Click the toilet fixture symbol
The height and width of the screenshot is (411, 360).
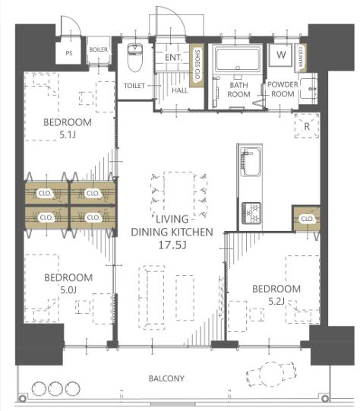point(135,58)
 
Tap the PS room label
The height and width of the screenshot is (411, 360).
point(68,53)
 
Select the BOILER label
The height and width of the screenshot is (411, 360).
point(98,49)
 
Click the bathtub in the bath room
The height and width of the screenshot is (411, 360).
point(238,61)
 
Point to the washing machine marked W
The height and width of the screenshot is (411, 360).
point(281,55)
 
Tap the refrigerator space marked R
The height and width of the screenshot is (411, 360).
point(307,126)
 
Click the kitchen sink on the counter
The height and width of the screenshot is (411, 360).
point(251,162)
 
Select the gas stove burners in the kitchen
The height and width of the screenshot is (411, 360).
point(251,213)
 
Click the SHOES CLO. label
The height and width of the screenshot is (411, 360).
point(197,65)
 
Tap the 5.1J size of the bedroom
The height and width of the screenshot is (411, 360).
point(68,135)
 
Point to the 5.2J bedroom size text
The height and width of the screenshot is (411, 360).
point(276,302)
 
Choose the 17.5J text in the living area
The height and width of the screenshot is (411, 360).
point(172,245)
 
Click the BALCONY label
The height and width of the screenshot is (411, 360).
point(166,378)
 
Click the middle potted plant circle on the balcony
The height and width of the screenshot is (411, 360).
point(55,389)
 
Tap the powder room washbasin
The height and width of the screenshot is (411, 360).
point(308,89)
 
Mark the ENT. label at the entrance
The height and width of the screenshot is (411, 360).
point(173,58)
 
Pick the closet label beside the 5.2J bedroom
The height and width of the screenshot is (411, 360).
point(307,219)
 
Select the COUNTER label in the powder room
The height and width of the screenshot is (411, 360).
point(300,56)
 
